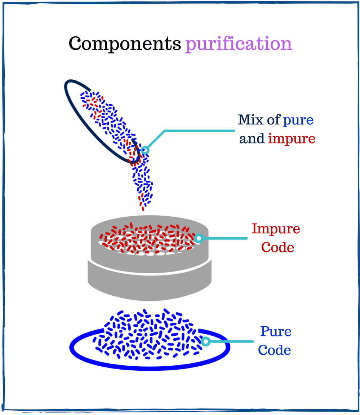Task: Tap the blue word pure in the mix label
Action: coord(298,120)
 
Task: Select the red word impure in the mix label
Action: coord(292,139)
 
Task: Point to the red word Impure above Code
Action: coord(276,229)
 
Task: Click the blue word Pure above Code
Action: coord(276,332)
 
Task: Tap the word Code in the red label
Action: coord(277,247)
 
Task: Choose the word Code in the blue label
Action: coord(275,350)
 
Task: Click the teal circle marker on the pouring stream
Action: coord(145,150)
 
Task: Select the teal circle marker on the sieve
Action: coord(199,238)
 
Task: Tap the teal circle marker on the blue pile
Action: coord(205,341)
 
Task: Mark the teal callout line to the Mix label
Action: coord(198,130)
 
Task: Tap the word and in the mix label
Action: coord(252,139)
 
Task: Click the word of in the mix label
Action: coord(274,120)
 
